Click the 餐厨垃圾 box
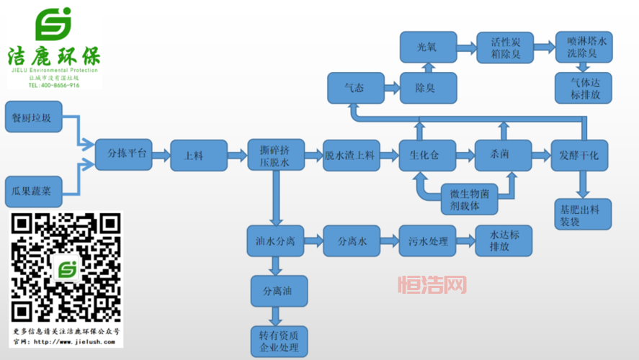click(32, 118)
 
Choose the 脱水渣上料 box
click(351, 155)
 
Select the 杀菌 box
click(502, 155)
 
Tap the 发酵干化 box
click(581, 155)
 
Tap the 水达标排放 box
click(504, 240)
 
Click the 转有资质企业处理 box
click(279, 342)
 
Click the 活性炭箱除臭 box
click(505, 48)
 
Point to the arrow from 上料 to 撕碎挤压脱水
click(236, 154)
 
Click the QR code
click(66, 269)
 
